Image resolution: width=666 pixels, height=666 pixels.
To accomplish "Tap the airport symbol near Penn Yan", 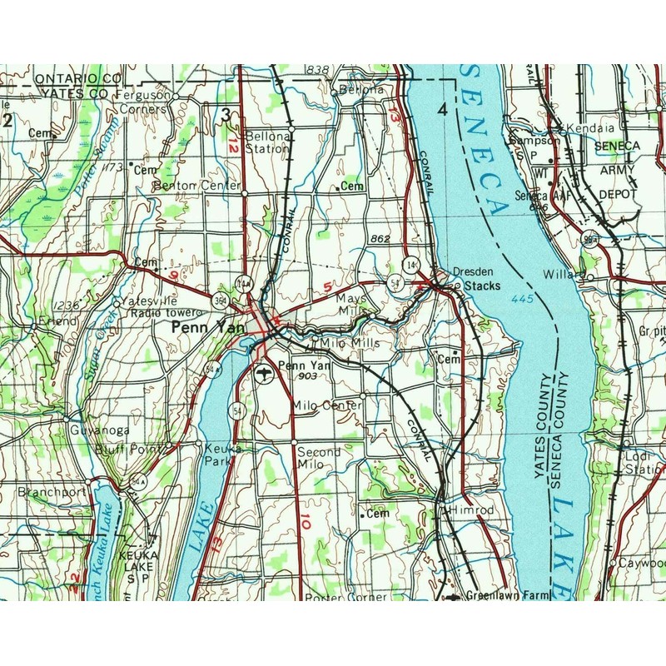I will (264, 372).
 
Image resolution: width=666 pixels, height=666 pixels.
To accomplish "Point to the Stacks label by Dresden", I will (483, 286).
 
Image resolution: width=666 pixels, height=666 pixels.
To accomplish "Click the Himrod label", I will (471, 509).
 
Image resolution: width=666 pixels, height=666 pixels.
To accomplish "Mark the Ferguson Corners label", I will (147, 102).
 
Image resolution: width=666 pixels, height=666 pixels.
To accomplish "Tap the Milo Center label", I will (327, 405).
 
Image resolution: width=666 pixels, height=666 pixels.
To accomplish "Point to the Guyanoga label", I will (99, 430).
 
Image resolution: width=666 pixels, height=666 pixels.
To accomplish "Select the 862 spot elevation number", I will (380, 239).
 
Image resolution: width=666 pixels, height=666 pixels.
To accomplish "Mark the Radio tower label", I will (166, 312).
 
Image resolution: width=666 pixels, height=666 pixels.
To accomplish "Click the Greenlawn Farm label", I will (509, 596).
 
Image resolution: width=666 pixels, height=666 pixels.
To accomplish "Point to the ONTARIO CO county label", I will (79, 78).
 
